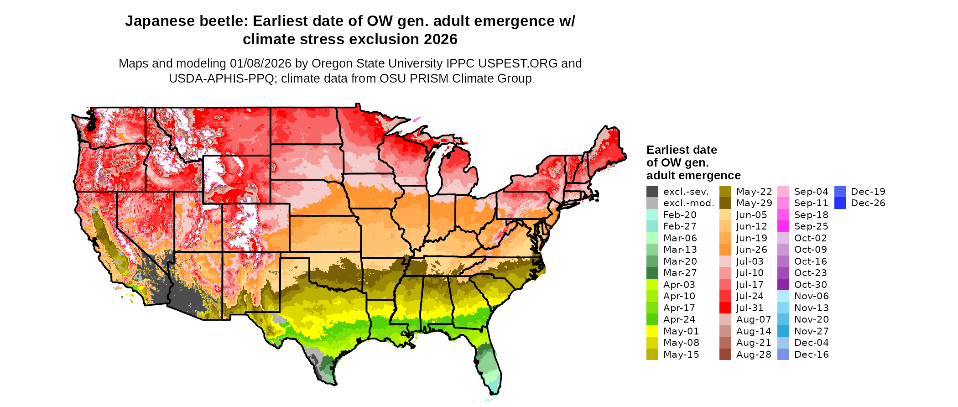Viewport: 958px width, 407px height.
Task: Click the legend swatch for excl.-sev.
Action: pos(652,192)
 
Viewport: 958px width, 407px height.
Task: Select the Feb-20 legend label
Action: pos(680,215)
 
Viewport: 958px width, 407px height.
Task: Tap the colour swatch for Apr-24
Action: pos(652,319)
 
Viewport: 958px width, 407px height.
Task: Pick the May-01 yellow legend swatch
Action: pos(652,331)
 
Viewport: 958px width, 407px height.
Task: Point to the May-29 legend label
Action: pos(754,203)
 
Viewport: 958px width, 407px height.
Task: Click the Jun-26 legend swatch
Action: pos(725,250)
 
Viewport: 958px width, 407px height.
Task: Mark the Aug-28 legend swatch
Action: pos(725,355)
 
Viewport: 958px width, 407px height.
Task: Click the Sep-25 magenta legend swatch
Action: pos(783,226)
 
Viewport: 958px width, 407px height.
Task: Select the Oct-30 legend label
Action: pos(811,285)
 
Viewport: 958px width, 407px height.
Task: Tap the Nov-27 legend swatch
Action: pos(783,331)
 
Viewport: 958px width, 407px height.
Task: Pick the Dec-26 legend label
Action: pos(868,203)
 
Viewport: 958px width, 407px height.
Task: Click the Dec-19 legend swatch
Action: pos(840,192)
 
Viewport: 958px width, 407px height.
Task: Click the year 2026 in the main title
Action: pos(440,40)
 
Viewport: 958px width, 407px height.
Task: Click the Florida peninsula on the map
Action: pos(490,365)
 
